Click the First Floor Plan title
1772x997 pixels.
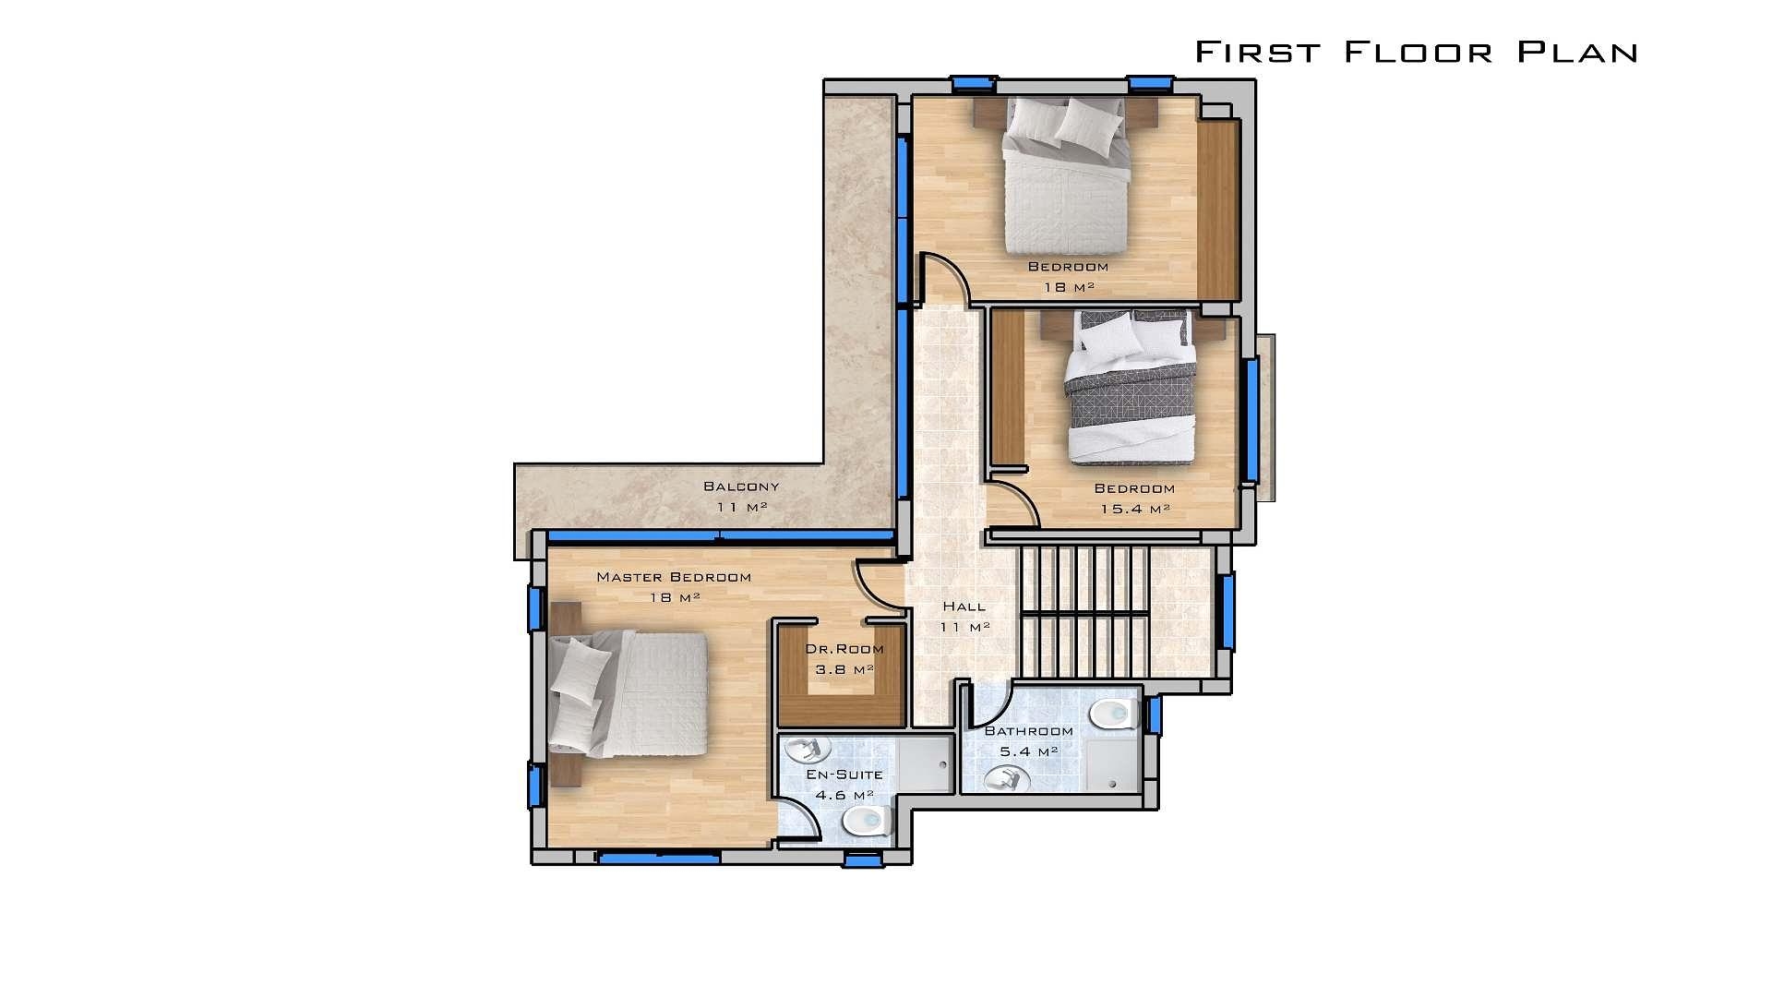click(x=1416, y=52)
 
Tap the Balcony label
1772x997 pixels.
click(x=741, y=486)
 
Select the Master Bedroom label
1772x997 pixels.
click(x=674, y=577)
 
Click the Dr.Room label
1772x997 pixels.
click(x=844, y=649)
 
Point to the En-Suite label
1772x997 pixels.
click(x=844, y=775)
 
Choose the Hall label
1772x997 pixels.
click(x=964, y=607)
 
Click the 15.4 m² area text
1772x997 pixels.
click(x=1134, y=509)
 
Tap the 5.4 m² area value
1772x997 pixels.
click(x=1029, y=751)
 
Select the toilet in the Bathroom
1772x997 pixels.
click(x=1115, y=714)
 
